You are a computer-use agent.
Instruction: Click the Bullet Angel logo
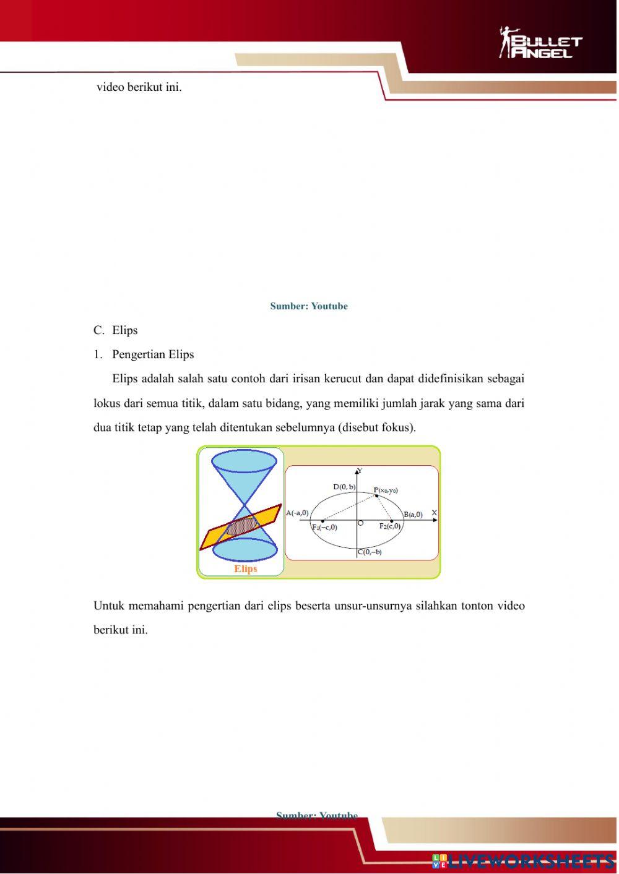[x=540, y=43]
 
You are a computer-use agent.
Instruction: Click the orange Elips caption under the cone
[x=245, y=569]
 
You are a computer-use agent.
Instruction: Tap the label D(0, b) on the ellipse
[x=344, y=487]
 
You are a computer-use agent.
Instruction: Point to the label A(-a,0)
[x=297, y=513]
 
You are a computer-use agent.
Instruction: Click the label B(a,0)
[x=413, y=514]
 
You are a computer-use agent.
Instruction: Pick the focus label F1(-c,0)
[x=324, y=528]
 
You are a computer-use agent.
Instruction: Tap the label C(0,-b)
[x=370, y=552]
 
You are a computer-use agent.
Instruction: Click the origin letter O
[x=361, y=523]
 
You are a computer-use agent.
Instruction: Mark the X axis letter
[x=434, y=513]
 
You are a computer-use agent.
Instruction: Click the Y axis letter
[x=360, y=471]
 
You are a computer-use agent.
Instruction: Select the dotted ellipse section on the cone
[x=241, y=526]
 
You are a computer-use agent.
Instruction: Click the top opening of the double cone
[x=244, y=461]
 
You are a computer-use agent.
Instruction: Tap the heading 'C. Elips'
[x=116, y=330]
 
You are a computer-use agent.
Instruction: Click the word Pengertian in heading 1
[x=139, y=354]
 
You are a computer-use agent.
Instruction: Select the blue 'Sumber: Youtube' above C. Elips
[x=309, y=306]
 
